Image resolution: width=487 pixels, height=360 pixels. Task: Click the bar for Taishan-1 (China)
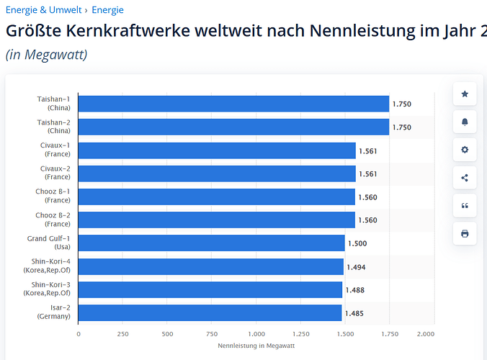coord(233,104)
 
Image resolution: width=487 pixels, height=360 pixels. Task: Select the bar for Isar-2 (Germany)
coord(210,313)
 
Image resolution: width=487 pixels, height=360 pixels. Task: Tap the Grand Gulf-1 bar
coord(211,243)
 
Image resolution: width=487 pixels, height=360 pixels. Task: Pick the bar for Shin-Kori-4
coord(210,267)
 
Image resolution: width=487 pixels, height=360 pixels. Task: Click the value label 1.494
coord(356,267)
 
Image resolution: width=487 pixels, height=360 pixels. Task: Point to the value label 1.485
coord(354,313)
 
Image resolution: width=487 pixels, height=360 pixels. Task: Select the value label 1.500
coord(357,243)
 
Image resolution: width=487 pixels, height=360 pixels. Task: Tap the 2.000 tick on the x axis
coord(425,334)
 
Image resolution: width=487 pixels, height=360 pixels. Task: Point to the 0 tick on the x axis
coord(78,334)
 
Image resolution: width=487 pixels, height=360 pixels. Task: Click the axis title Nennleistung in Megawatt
coord(256,346)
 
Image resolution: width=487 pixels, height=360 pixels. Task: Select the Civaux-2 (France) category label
coord(55,173)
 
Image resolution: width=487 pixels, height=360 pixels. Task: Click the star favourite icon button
coord(465,94)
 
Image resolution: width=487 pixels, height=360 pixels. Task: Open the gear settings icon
coord(465,150)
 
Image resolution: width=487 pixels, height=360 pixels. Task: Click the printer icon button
coord(465,233)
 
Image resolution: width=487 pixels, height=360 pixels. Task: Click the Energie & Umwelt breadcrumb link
coord(43,10)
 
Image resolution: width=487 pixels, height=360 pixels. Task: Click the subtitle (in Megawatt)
coord(47,54)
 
